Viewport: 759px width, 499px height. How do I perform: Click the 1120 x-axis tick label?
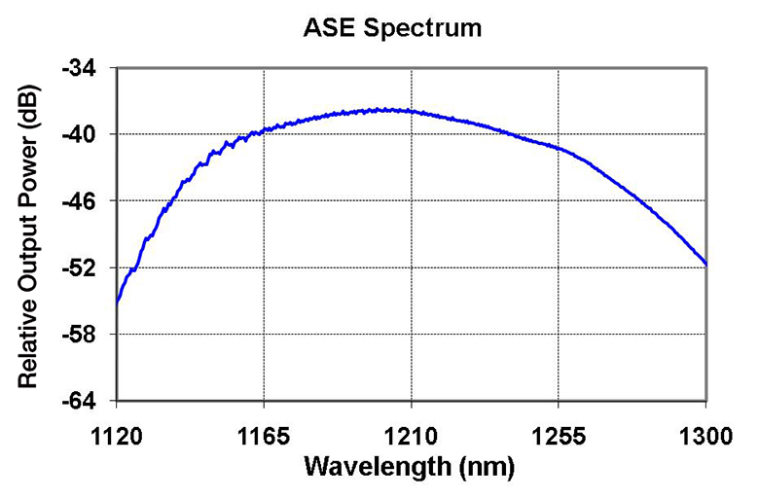(x=117, y=436)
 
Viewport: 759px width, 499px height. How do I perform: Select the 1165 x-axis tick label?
(x=264, y=436)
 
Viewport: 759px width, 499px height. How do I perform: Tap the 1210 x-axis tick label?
(x=412, y=436)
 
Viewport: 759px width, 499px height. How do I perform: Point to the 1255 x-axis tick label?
(x=559, y=436)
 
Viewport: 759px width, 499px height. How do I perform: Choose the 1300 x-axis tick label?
(x=705, y=436)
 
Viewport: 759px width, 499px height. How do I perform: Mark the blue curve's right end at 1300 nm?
(x=705, y=265)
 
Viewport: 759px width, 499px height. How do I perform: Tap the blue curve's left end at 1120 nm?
(x=117, y=303)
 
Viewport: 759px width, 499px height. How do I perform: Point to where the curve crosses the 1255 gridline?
(x=559, y=148)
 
